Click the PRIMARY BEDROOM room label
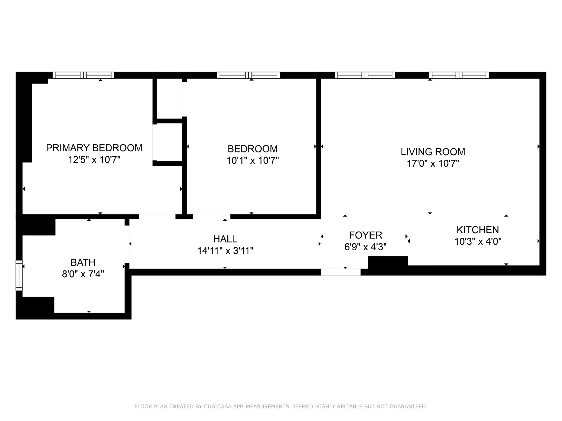(x=94, y=148)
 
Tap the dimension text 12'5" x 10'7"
(x=94, y=160)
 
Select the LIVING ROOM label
(x=433, y=152)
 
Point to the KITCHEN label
(x=478, y=230)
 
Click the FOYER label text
(x=365, y=235)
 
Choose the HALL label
(x=225, y=239)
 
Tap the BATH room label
(x=83, y=262)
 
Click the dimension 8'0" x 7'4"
(x=83, y=274)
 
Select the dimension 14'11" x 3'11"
(x=225, y=251)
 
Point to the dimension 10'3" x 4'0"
(x=478, y=241)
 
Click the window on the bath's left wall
(x=19, y=275)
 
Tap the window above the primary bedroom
(x=83, y=75)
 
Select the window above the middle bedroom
(x=248, y=75)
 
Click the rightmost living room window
(x=459, y=75)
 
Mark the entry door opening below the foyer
(x=341, y=272)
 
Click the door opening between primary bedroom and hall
(x=157, y=217)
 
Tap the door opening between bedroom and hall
(x=211, y=217)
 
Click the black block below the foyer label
(x=387, y=262)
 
